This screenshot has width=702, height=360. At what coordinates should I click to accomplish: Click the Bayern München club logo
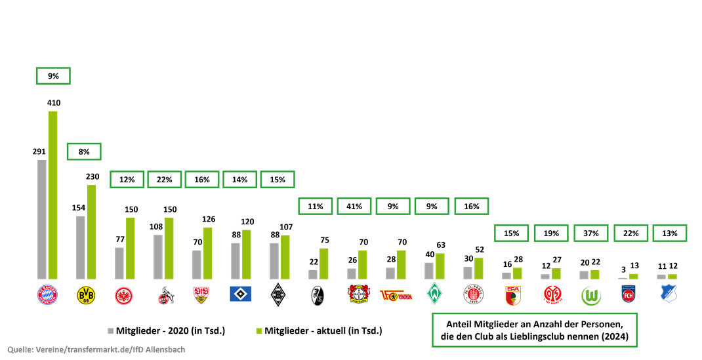tap(47, 295)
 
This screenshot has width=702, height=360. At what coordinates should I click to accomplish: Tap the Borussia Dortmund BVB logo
tap(85, 295)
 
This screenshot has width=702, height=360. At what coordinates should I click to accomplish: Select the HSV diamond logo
tap(240, 294)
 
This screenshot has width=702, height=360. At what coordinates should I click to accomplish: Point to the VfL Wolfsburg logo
tap(591, 296)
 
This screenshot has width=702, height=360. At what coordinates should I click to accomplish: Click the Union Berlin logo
tap(396, 296)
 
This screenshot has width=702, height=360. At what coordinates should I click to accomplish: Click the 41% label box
tap(355, 206)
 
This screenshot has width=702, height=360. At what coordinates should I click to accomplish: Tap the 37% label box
tap(591, 233)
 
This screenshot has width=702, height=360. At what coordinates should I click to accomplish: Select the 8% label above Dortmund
tap(84, 152)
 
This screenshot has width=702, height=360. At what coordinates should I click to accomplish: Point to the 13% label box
tap(670, 233)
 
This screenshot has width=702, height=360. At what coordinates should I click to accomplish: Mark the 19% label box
tap(551, 233)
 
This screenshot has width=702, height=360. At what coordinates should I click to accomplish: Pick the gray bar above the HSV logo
tap(235, 260)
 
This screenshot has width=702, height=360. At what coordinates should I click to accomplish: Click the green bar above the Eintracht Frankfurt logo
tap(131, 247)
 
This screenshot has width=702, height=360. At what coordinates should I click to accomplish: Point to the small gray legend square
tap(110, 330)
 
